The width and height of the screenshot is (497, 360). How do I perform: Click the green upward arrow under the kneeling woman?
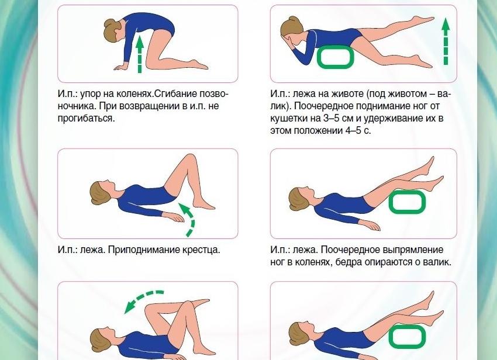(x=139, y=56)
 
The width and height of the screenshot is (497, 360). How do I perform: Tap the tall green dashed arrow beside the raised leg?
(x=446, y=41)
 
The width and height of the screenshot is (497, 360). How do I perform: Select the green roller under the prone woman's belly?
(x=336, y=57)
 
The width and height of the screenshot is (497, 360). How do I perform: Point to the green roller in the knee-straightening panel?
(x=408, y=202)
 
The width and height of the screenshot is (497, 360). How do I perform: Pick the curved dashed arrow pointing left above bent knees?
(x=143, y=300)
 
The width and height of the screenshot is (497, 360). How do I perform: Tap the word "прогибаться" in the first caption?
(x=85, y=119)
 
